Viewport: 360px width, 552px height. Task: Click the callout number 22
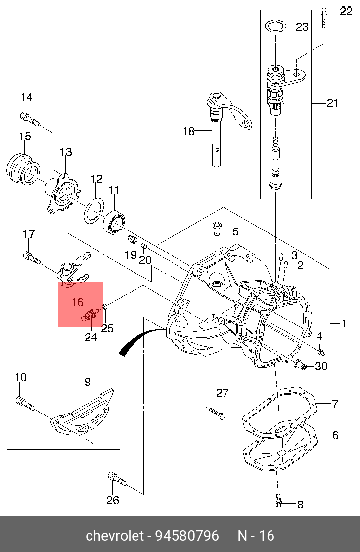point(346,11)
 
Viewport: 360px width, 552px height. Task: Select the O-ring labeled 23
point(275,26)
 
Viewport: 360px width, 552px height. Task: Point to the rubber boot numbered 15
point(23,168)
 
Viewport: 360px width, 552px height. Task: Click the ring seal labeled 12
point(94,211)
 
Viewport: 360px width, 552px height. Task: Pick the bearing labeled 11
point(114,222)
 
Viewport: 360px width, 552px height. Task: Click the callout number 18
point(188,131)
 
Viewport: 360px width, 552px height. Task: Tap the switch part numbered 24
point(91,313)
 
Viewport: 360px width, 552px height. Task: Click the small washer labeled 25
point(105,306)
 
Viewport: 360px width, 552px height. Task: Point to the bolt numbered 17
point(32,257)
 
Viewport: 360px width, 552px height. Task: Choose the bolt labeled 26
point(117,479)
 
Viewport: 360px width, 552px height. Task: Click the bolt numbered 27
point(217,414)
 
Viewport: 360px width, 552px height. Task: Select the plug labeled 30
point(300,365)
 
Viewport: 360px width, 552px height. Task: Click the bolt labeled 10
point(26,404)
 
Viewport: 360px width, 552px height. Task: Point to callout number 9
point(87,382)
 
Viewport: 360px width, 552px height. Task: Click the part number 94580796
point(187,536)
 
